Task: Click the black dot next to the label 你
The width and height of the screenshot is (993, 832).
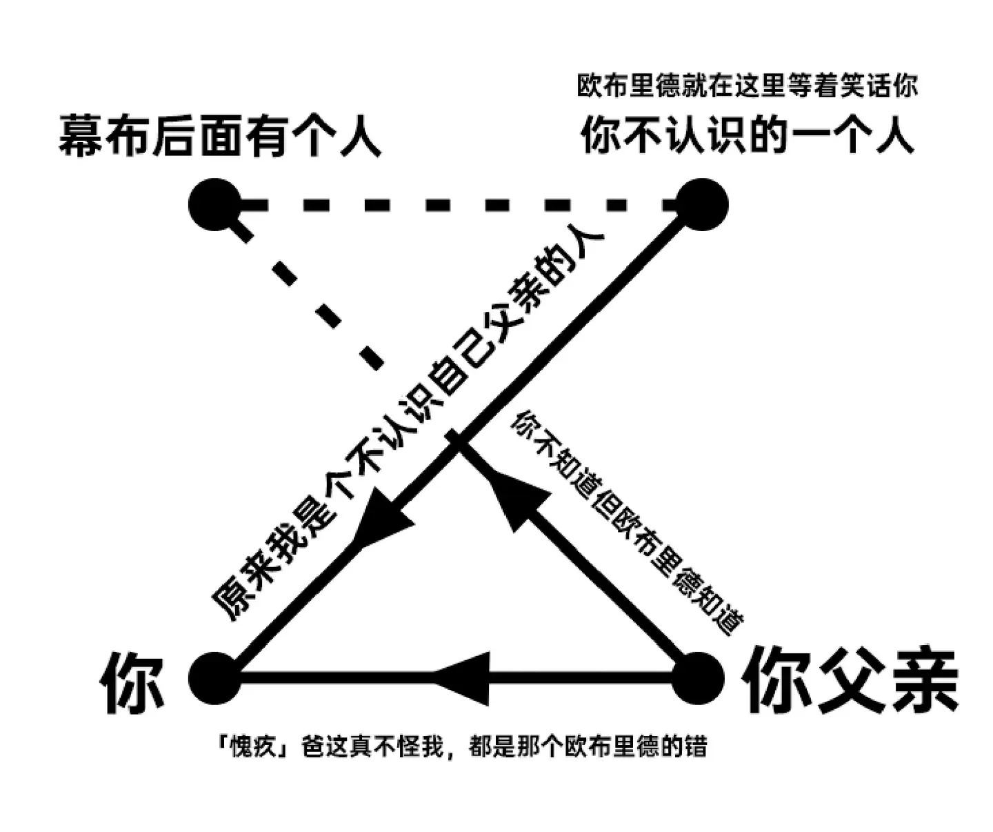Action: click(x=215, y=677)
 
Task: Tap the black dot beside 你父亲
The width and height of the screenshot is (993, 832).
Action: click(x=699, y=677)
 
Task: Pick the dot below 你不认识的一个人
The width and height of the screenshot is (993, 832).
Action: click(x=702, y=204)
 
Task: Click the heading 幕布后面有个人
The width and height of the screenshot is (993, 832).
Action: click(x=220, y=135)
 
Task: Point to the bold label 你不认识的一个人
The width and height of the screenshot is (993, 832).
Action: click(x=748, y=135)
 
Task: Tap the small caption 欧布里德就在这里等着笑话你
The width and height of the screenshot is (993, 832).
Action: click(x=748, y=86)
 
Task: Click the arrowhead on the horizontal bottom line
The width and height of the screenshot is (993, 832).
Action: click(x=462, y=677)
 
